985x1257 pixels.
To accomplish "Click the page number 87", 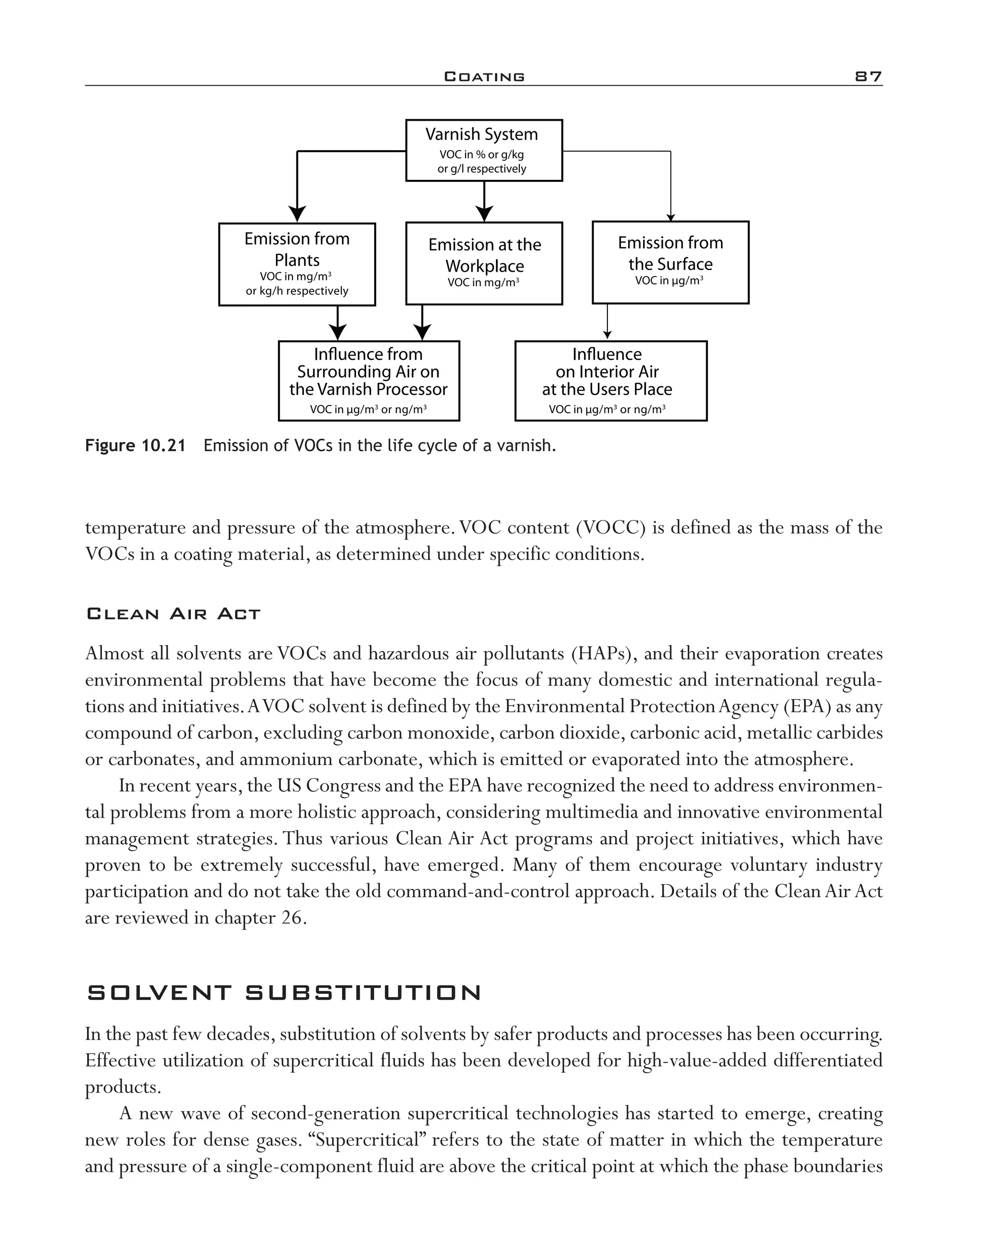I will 868,76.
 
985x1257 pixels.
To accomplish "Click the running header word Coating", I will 484,76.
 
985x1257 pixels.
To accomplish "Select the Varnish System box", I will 484,150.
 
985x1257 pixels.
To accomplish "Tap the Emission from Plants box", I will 297,264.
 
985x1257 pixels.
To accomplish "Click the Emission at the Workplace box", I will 484,263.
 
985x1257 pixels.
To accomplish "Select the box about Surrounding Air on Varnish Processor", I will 368,381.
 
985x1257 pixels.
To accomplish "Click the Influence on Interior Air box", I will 610,381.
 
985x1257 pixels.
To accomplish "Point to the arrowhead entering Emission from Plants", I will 297,214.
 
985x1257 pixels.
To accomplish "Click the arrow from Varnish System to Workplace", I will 484,202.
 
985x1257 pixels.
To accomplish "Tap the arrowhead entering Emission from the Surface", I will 671,217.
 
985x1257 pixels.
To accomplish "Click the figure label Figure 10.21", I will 135,445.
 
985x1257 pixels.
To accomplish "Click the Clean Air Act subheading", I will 173,614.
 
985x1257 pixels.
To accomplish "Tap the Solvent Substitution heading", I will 284,993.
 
